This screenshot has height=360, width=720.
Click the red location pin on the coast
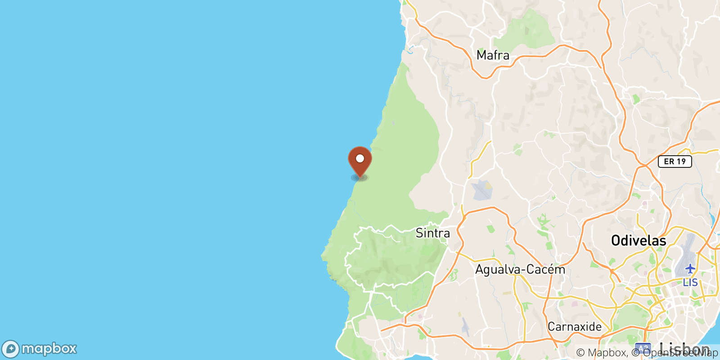point(360,162)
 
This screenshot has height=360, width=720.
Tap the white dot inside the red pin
point(360,158)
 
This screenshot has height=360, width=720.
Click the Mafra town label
point(493,55)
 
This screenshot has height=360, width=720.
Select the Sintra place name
point(432,233)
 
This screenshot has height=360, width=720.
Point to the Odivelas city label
point(638,241)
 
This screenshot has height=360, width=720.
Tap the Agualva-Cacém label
point(520,270)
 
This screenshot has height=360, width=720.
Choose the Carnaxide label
point(574,327)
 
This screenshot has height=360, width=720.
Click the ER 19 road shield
point(675,162)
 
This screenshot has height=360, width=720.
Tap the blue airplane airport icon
point(690,269)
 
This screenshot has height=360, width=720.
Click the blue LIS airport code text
point(690,283)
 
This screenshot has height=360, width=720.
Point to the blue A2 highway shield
point(643,349)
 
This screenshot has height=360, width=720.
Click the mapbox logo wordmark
point(49,349)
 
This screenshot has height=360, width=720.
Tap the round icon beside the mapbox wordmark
point(10,349)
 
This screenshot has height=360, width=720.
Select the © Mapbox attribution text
point(601,353)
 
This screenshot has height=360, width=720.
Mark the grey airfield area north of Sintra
point(481,190)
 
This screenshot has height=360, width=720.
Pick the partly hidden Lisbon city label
point(684,347)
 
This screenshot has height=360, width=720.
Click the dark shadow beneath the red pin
point(360,178)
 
